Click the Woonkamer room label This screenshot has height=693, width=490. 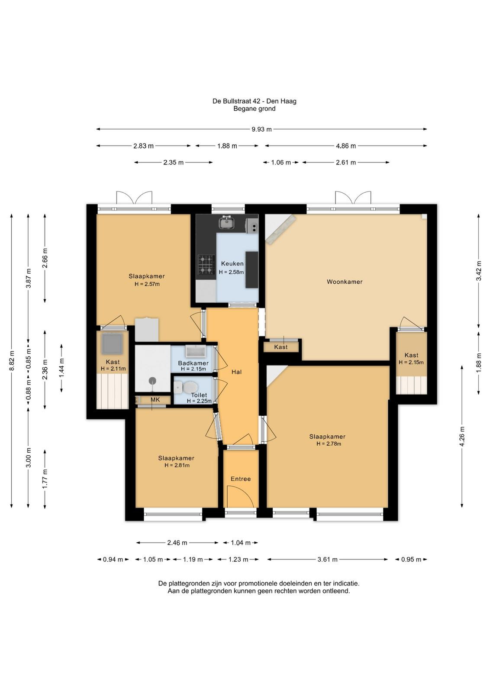pos(345,282)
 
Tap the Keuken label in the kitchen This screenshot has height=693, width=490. pos(232,264)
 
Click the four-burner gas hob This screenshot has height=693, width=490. pos(206,265)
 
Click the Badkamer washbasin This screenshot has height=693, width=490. pos(195,351)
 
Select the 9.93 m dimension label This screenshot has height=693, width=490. pos(261,130)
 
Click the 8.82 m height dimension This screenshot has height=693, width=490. pos(12,360)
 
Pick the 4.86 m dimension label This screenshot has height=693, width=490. pos(346,146)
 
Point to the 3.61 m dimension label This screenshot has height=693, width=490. pos(327,559)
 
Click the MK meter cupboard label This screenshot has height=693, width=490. pos(155,400)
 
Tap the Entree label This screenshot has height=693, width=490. pos(241,479)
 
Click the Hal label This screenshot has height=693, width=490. pos(236,372)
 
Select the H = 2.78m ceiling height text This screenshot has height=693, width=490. pos(329,444)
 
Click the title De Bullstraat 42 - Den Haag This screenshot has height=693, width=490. pos(255,101)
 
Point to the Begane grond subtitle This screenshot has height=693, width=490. pos(255,109)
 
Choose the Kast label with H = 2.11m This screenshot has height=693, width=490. pos(113,362)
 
